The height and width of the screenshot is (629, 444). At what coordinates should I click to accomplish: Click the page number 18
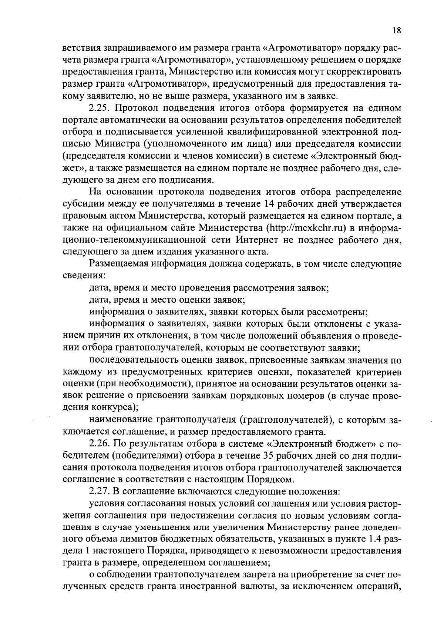click(x=396, y=31)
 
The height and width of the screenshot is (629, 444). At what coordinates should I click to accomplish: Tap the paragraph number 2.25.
click(x=100, y=108)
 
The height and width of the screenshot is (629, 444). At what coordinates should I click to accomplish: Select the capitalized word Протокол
click(x=137, y=108)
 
